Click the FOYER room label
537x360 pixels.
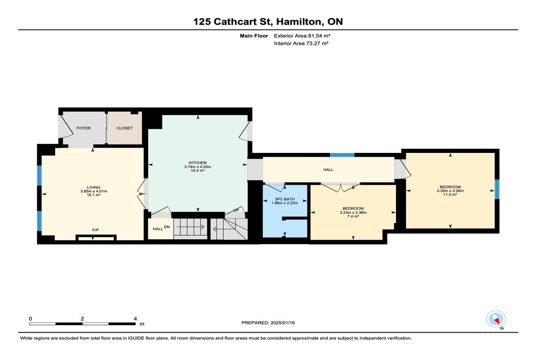[x=84, y=128]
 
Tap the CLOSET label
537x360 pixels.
[x=125, y=128]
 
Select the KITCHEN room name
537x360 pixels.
[x=197, y=163]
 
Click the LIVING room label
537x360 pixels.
[x=94, y=187]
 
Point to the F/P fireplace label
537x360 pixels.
[x=96, y=230]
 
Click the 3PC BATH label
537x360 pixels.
[x=285, y=199]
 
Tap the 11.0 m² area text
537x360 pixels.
[x=450, y=195]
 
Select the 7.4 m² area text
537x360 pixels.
[x=353, y=216]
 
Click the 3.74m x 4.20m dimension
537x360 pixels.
[x=197, y=167]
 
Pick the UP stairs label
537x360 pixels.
[x=236, y=210]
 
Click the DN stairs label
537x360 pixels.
[x=167, y=227]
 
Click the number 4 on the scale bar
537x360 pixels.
[x=136, y=319]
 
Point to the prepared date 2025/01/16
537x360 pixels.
[x=283, y=323]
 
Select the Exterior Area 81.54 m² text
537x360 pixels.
[x=302, y=36]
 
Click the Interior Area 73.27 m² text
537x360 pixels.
[x=301, y=43]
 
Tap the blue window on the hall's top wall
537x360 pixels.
[x=342, y=155]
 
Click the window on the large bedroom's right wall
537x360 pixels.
[x=497, y=189]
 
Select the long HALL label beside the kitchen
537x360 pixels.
[x=328, y=169]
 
